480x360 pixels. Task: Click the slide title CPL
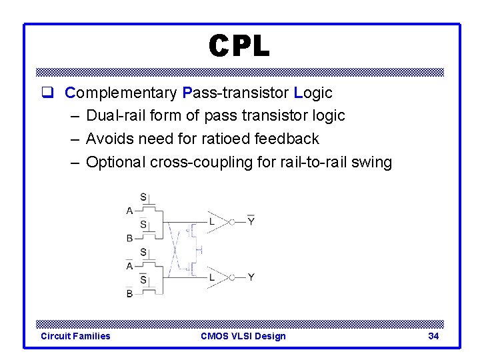(x=239, y=46)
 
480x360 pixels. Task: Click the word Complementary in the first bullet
(x=121, y=93)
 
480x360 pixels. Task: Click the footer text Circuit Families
(x=75, y=336)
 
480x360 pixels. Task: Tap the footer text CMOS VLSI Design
(x=243, y=336)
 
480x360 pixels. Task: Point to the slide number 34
(x=433, y=336)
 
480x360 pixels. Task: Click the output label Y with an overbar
(x=251, y=221)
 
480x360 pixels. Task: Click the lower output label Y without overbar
(x=251, y=277)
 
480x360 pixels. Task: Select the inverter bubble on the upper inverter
(x=233, y=222)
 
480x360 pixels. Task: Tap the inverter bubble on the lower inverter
(x=233, y=277)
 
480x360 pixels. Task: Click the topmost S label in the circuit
(x=143, y=197)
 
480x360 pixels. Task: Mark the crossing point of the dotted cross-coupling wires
(x=175, y=250)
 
